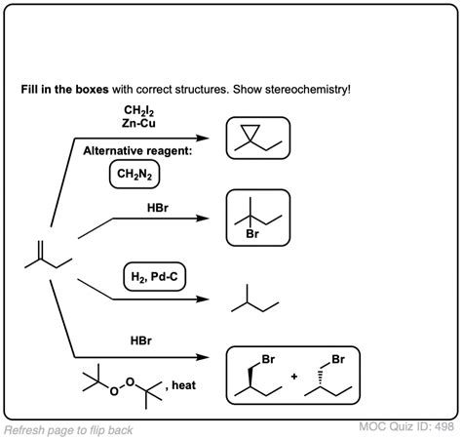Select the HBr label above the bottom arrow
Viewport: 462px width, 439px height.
tap(143, 341)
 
